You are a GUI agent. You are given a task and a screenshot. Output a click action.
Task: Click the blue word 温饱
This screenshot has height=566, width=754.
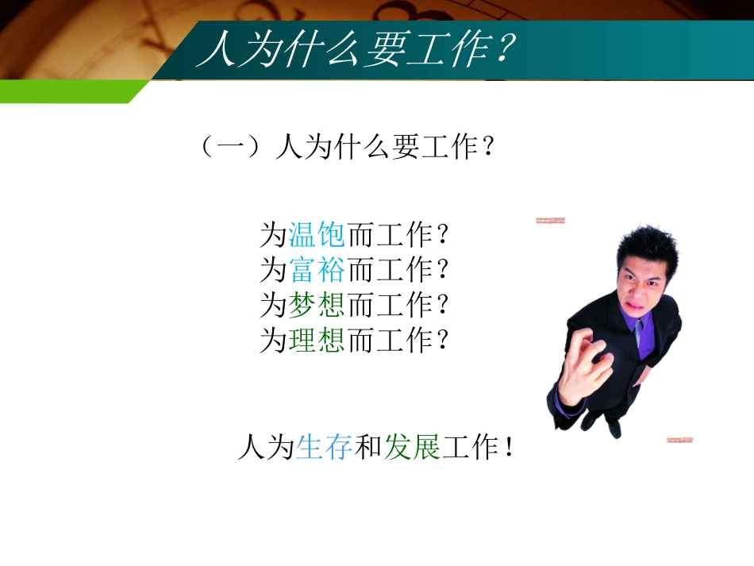click(317, 234)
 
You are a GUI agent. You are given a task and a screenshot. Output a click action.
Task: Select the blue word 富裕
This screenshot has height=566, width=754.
click(317, 270)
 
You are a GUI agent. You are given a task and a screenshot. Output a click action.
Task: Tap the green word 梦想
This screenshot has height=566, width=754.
click(317, 305)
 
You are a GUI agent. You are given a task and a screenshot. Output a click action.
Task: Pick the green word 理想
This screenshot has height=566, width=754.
click(317, 341)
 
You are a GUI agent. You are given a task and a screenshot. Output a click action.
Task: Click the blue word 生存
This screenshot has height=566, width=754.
click(324, 449)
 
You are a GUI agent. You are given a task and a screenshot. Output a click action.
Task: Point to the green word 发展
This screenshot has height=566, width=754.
click(412, 449)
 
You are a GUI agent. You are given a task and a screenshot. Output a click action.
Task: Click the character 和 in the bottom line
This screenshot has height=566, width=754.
click(368, 449)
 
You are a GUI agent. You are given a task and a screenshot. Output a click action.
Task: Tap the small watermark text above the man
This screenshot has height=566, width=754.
click(549, 221)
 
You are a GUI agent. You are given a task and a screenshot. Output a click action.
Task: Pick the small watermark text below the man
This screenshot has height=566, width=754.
click(679, 439)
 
